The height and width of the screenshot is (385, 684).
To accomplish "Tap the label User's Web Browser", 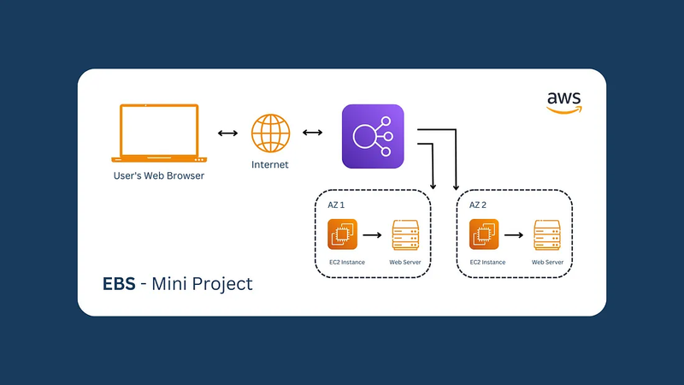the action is [159, 175].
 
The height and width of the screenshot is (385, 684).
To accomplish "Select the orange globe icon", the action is [270, 133].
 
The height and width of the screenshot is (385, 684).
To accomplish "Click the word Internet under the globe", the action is [269, 164].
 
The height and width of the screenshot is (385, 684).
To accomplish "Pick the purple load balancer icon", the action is [373, 136].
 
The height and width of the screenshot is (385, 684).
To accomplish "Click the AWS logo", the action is [564, 103].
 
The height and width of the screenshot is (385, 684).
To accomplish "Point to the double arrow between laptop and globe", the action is [227, 133].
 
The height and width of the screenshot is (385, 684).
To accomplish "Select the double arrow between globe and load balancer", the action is [312, 133].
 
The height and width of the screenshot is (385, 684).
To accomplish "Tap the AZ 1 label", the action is [336, 204].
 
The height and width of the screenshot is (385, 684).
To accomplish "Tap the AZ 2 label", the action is [478, 204].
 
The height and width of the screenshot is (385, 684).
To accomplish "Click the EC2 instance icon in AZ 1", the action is [343, 234].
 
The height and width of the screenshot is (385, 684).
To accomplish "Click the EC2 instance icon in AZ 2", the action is [484, 234].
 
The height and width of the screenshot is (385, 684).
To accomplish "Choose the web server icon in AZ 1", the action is [405, 234].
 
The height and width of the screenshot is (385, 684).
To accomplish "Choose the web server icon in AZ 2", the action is [547, 234].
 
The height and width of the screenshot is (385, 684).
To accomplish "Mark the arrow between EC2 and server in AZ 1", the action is [372, 235].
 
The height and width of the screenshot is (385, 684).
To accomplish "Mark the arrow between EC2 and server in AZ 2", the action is [514, 235].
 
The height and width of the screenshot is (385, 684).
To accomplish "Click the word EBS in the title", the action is [119, 284].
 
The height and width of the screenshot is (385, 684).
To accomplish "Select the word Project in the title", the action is [222, 284].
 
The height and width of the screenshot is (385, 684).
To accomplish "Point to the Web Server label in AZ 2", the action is [547, 262].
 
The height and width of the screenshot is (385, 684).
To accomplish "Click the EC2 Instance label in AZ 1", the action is [347, 262].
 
